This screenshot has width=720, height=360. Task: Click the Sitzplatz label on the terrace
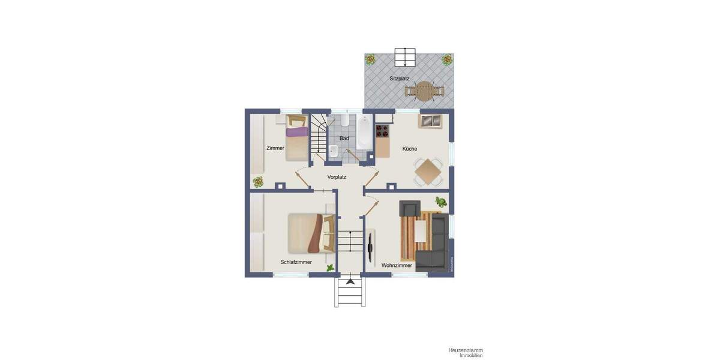tap(399, 79)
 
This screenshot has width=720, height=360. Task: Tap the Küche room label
tap(410, 149)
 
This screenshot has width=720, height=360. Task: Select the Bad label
tap(344, 139)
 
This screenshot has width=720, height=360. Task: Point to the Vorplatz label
tap(337, 177)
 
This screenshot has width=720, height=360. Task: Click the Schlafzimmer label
tap(296, 262)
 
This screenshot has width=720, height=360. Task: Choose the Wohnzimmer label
tap(397, 265)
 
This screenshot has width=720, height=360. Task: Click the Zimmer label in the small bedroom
tap(275, 148)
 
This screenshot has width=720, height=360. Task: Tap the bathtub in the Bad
tap(364, 133)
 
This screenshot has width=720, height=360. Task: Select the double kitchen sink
tap(430, 121)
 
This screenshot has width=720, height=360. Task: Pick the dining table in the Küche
tap(428, 172)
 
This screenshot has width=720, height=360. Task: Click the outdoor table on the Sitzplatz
tap(424, 91)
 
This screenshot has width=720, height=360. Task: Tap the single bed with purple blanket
tap(296, 139)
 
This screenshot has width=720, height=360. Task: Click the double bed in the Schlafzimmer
tap(310, 233)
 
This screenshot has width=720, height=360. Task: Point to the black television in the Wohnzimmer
tap(371, 244)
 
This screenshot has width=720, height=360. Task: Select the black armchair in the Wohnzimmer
tap(410, 209)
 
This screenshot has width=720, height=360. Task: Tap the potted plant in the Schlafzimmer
tap(330, 268)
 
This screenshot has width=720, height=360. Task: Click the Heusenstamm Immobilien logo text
tap(465, 352)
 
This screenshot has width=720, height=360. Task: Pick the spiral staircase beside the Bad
tap(319, 139)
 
